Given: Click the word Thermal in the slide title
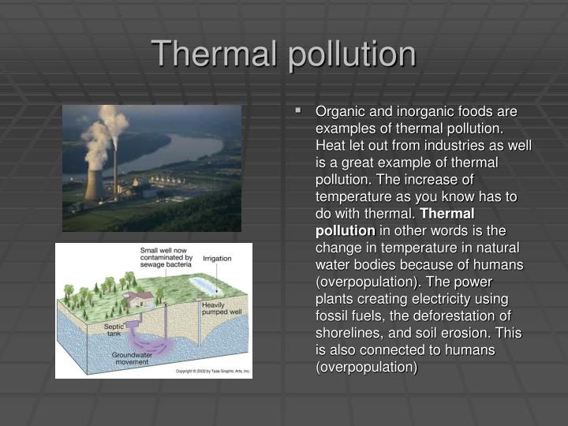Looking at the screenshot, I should [215, 53].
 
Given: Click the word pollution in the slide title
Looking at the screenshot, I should [351, 54].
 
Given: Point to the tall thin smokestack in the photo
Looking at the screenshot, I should [116, 166].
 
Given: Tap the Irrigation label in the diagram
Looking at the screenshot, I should [217, 258].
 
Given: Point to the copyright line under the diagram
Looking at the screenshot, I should [211, 370].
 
